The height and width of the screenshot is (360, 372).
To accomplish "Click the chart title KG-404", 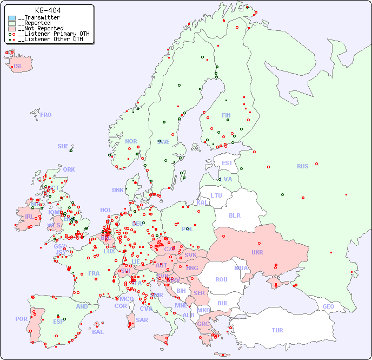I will tap(48, 10).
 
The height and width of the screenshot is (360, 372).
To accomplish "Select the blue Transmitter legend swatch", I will tap(12, 18).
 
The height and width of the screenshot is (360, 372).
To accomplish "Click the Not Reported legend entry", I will tap(41, 28).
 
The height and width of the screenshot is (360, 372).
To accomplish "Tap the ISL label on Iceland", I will tap(18, 67).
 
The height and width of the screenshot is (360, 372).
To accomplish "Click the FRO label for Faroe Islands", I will tap(46, 115).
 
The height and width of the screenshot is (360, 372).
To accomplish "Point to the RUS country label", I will tap(302, 166).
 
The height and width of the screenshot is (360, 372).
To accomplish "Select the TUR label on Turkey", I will tap(277, 330).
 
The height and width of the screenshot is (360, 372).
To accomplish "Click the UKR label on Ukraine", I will tap(257, 252).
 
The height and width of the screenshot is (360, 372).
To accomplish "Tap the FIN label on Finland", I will tap(226, 115).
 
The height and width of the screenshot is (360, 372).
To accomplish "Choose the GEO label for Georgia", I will tap(328, 306).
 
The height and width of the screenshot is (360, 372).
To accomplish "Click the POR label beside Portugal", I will tap(21, 319).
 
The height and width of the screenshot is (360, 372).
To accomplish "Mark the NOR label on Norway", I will tap(131, 141).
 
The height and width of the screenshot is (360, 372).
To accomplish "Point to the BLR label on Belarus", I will tap(234, 215).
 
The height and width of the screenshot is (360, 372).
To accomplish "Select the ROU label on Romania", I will tap(221, 279).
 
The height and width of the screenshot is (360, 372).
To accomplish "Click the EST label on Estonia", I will tap(227, 163).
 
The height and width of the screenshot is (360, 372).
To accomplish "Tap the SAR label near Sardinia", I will tap(142, 320).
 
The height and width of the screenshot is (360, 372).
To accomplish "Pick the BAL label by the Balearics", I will tap(97, 332).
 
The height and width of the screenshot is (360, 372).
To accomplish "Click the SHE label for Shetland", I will tap(63, 146).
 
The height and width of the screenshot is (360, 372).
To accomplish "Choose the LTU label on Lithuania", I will tap(216, 195).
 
